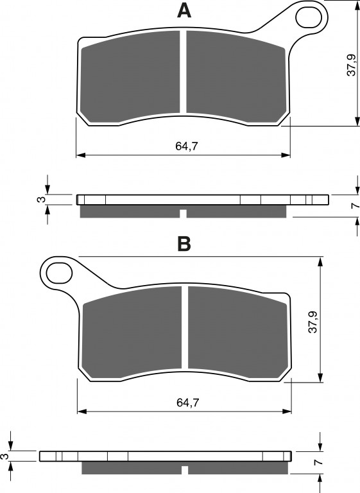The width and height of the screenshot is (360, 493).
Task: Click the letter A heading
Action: [x=184, y=11]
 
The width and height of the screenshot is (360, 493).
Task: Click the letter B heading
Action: [x=184, y=244]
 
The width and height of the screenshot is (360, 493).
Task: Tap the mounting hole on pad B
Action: [x=60, y=273]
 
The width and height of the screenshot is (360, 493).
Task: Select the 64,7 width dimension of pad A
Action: [x=187, y=146]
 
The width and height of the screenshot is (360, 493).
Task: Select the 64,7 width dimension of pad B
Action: [x=188, y=402]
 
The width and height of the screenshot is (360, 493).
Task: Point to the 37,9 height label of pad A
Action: [x=351, y=65]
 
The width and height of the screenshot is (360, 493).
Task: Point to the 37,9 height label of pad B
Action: [x=313, y=322]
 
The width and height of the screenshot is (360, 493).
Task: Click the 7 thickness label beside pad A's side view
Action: [x=356, y=205]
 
